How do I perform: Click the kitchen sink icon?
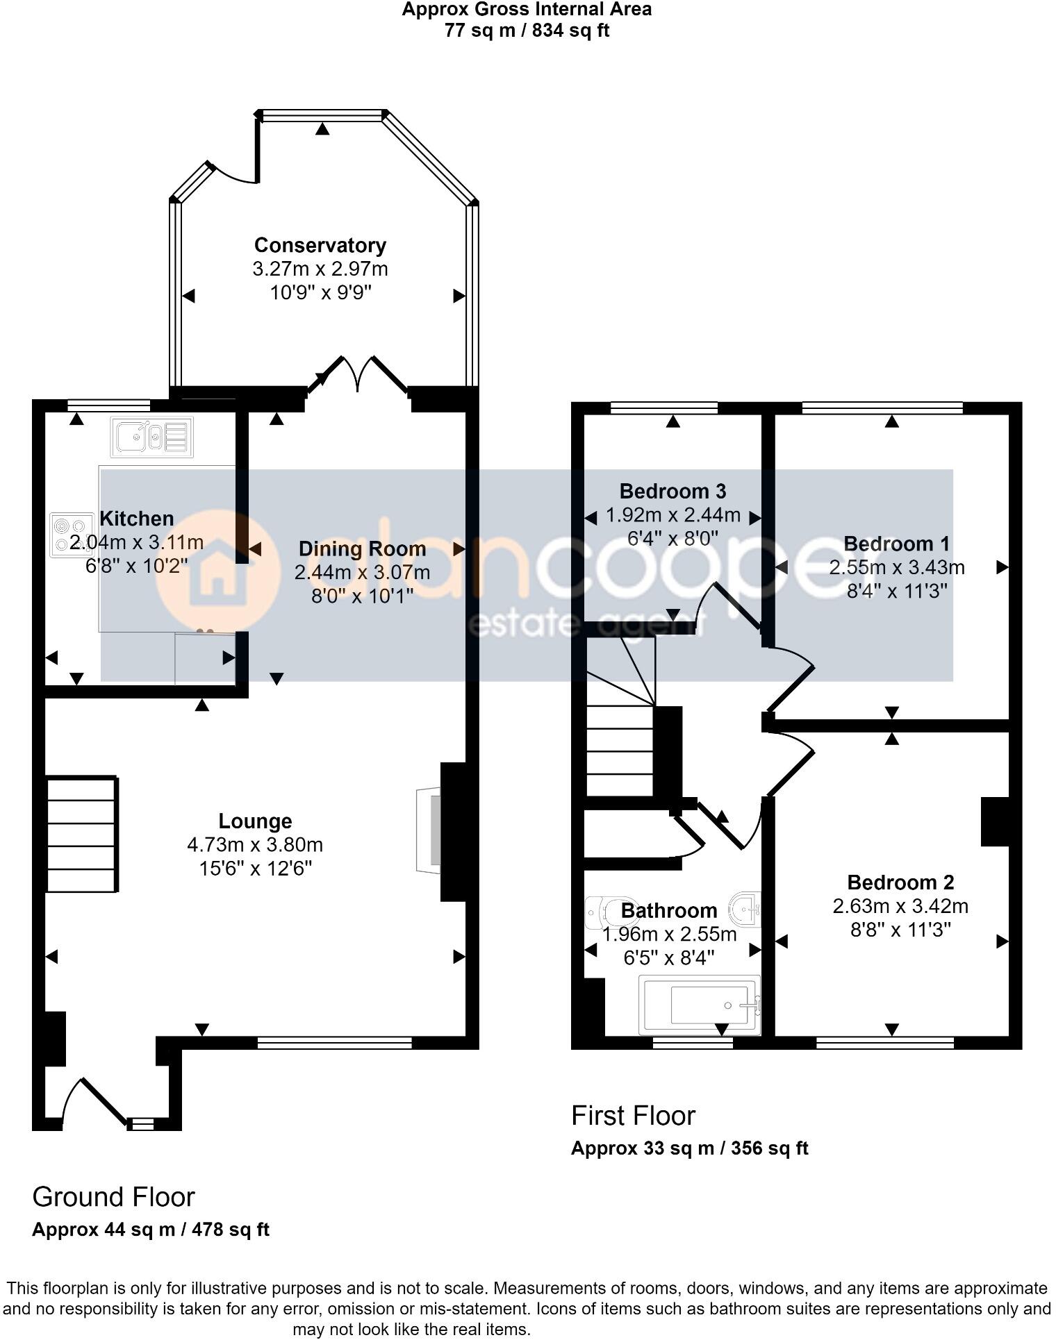[x=151, y=437]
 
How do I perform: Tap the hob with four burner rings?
[x=72, y=535]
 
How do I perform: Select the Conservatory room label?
[x=320, y=245]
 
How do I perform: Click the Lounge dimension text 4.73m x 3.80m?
[x=255, y=845]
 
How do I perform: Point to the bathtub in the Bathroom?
[x=700, y=1005]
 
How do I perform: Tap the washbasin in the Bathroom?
[x=746, y=908]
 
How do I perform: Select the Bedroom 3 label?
[x=673, y=492]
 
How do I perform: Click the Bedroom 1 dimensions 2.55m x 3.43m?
[x=896, y=568]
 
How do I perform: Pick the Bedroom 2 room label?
[x=900, y=882]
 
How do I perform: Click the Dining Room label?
[x=362, y=549]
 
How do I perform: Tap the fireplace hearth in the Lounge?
[x=429, y=830]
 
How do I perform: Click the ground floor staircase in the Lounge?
[x=81, y=834]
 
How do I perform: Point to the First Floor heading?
[x=632, y=1116]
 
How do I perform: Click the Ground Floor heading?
[x=113, y=1197]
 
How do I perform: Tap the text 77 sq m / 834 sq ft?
[x=527, y=31]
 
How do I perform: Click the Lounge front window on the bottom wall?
[x=334, y=1042]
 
